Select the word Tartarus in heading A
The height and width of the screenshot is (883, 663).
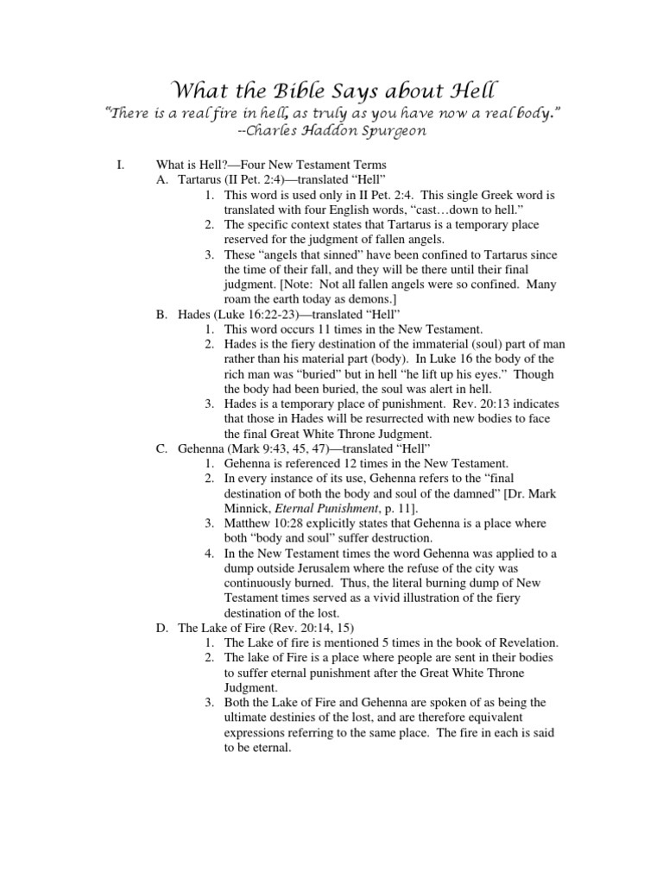coord(202,179)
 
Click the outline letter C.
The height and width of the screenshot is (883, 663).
coord(161,449)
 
